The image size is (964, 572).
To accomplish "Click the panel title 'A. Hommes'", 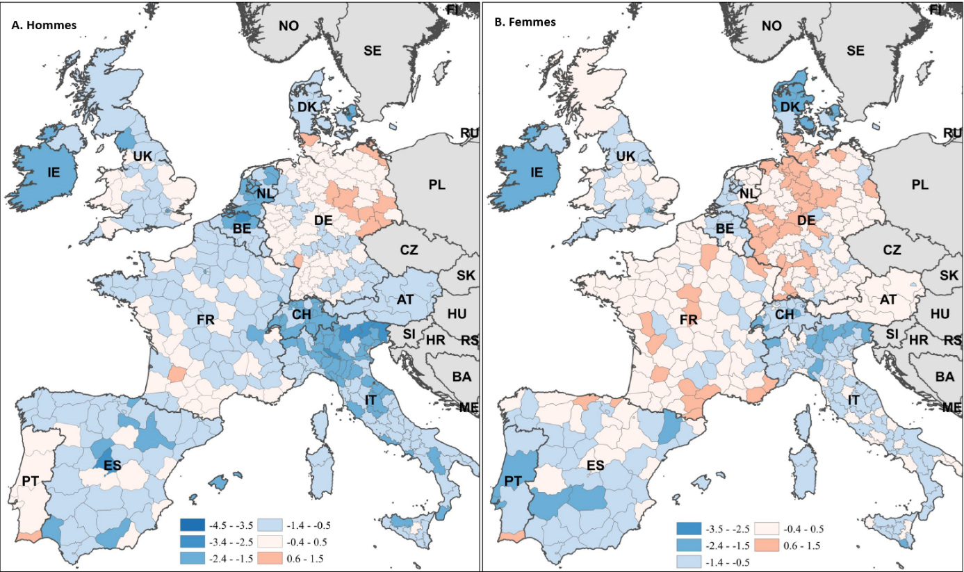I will click(44, 25).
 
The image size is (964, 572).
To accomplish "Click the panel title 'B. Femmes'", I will click(525, 22).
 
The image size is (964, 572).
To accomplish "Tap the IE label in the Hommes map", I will click(54, 172).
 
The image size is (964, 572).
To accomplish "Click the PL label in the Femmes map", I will click(920, 185).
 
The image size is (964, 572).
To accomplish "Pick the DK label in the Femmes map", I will click(791, 106).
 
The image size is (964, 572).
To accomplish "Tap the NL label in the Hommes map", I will click(265, 194).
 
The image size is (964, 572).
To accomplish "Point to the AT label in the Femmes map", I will click(888, 300).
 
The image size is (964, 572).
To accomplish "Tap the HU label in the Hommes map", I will click(457, 314).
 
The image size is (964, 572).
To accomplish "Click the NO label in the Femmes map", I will click(771, 26).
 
